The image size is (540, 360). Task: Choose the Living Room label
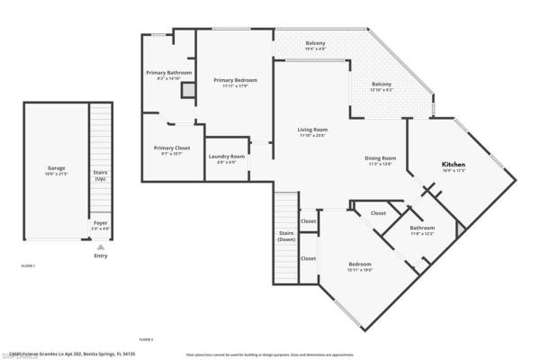[x=312, y=132]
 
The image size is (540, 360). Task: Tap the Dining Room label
[x=381, y=160]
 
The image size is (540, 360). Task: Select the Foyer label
[x=100, y=224]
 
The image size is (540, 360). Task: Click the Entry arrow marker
[x=100, y=247]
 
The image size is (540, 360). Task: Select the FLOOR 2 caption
[x=146, y=339]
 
